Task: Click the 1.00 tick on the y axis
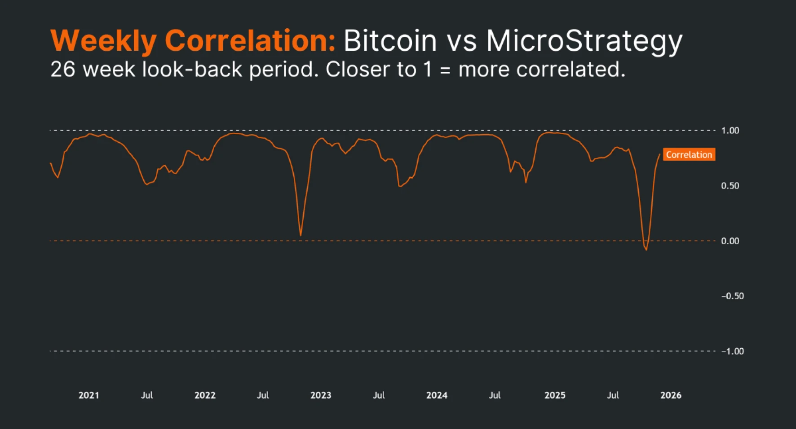[730, 131]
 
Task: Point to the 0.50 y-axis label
[730, 186]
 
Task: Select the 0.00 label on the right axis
[730, 241]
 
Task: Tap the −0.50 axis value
[732, 296]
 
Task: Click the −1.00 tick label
[732, 351]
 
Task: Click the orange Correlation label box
[689, 155]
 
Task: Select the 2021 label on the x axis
[88, 395]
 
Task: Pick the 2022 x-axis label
[205, 395]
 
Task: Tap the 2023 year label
[321, 395]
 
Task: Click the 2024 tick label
[437, 395]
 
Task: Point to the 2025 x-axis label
[555, 395]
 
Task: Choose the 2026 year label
[671, 395]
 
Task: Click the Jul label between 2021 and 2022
[147, 395]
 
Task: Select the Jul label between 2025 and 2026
[613, 395]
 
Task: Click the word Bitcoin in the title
[390, 41]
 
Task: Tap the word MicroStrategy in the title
[584, 41]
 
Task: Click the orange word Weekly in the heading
[103, 41]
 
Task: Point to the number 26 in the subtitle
[62, 70]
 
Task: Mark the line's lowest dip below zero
[646, 249]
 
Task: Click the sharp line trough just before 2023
[301, 235]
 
